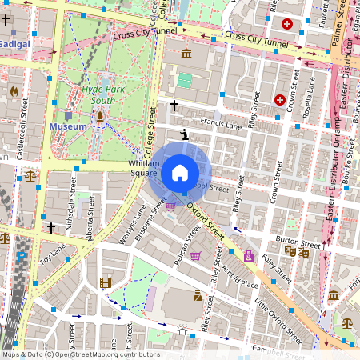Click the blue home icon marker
coord(180,173)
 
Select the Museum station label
coord(68,126)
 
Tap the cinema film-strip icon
coord(106,282)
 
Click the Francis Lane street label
coord(222,125)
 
